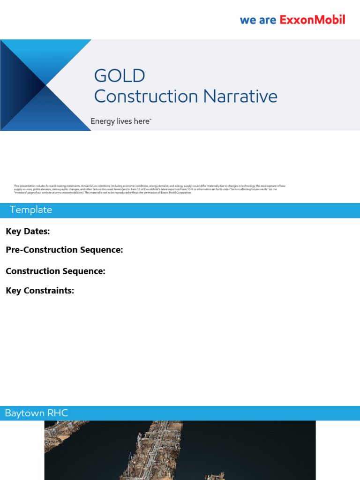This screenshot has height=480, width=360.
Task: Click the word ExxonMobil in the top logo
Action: (312, 20)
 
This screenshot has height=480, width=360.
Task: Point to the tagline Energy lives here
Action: (120, 121)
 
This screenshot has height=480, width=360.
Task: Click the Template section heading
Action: (31, 210)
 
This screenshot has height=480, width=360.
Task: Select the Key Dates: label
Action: (28, 231)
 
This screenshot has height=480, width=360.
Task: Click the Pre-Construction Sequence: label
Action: (64, 250)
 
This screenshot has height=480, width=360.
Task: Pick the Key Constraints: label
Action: (40, 291)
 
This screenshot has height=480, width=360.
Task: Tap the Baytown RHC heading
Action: (36, 413)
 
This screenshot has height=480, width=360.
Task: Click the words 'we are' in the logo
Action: (258, 20)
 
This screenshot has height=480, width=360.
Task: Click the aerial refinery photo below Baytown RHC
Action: (180, 450)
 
